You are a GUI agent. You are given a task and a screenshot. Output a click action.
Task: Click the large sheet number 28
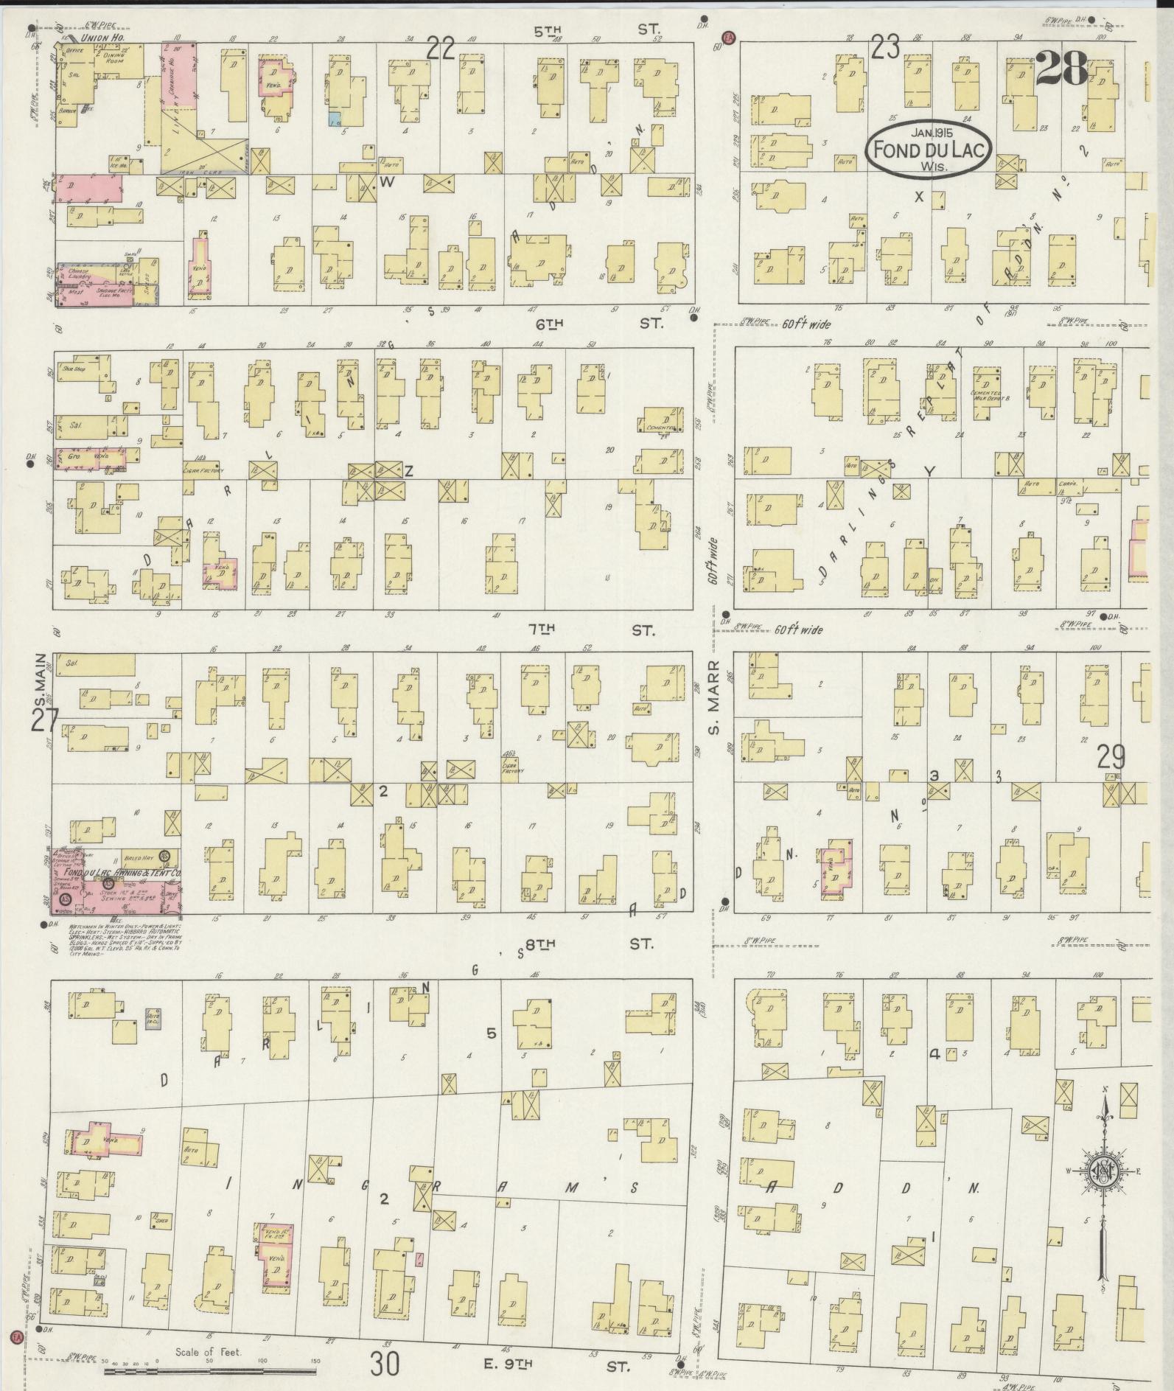tap(1061, 70)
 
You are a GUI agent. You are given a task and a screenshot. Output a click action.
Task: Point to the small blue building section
tap(335, 118)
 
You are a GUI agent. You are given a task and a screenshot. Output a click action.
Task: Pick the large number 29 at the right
tap(1111, 756)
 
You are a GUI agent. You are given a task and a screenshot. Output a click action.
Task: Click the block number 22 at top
tap(441, 49)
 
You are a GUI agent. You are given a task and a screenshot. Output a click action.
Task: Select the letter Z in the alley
tap(408, 471)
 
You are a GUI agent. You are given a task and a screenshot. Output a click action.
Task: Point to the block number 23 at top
tap(885, 49)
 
